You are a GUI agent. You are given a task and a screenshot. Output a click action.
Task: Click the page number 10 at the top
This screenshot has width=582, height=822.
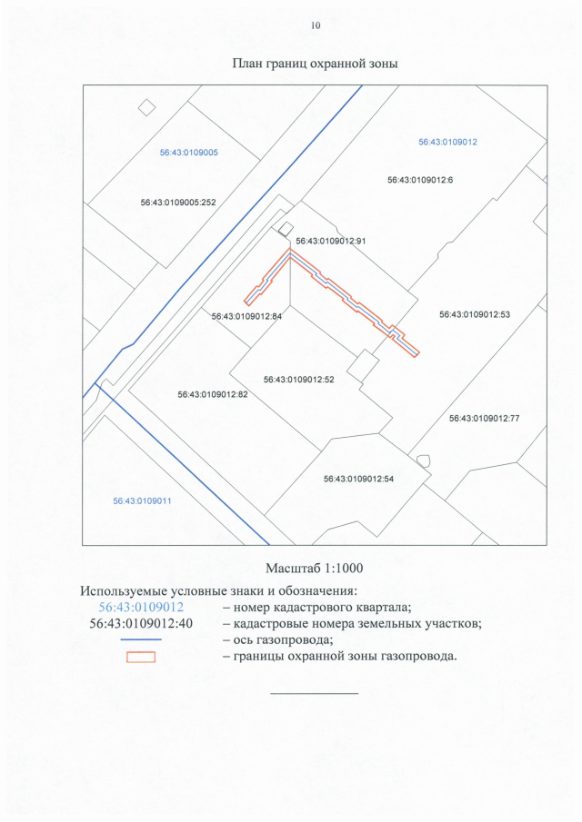click(x=316, y=25)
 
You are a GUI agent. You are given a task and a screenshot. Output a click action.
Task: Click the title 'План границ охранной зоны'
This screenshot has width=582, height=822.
click(x=316, y=64)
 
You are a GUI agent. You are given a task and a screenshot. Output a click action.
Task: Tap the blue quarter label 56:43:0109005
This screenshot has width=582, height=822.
click(x=188, y=153)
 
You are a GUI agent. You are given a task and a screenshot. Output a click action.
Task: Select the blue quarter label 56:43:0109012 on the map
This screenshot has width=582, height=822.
click(x=447, y=143)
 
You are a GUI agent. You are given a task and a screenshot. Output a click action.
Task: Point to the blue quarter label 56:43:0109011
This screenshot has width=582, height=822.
click(x=143, y=500)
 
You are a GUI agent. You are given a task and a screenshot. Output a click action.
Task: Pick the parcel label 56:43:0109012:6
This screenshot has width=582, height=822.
click(x=420, y=180)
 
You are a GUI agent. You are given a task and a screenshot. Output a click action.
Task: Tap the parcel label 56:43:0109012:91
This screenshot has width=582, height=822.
click(x=331, y=242)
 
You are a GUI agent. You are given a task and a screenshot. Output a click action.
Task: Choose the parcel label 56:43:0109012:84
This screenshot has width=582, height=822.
click(x=247, y=317)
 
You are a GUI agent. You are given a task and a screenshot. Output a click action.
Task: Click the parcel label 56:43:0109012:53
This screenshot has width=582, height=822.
click(x=475, y=314)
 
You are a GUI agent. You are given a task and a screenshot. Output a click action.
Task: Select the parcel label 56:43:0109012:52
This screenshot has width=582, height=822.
click(x=299, y=380)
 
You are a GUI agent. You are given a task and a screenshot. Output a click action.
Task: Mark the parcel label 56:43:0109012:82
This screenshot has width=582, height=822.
click(x=213, y=395)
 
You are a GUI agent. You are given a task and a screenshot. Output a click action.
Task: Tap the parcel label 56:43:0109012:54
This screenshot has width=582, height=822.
click(x=358, y=479)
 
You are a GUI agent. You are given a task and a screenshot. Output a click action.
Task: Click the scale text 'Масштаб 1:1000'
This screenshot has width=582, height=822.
click(x=315, y=569)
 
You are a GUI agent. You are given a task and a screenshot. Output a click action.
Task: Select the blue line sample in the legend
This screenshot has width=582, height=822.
click(x=141, y=640)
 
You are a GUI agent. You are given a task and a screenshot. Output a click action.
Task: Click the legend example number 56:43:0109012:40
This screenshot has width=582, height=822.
click(x=141, y=623)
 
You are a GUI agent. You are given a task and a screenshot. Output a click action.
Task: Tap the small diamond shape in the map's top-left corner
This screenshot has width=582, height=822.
click(x=146, y=108)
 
